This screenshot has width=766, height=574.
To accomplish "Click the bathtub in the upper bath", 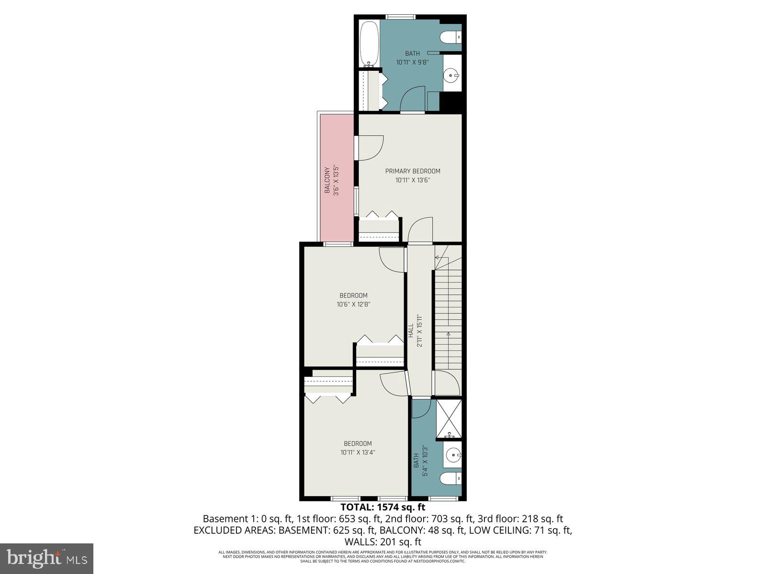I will (x=369, y=44).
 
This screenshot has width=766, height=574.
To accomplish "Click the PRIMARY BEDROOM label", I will (x=413, y=171).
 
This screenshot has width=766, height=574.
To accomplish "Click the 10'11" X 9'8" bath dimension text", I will (x=412, y=62).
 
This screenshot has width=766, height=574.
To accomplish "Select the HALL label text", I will (x=411, y=331).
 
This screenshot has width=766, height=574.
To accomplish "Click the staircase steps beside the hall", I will (x=448, y=316).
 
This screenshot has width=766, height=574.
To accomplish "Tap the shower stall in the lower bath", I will (x=449, y=419).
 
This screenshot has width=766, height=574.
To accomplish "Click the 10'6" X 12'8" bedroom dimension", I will (x=354, y=304).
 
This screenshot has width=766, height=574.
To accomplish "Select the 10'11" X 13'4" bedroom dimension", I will (x=358, y=453).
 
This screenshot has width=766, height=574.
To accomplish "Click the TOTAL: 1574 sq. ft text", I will (x=383, y=507).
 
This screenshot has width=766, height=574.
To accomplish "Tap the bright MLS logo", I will (x=47, y=558).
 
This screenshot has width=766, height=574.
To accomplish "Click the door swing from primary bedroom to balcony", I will (x=371, y=148).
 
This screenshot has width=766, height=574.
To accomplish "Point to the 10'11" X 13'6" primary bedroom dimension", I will (x=413, y=180).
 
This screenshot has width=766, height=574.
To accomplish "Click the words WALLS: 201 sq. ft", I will (x=383, y=542).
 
